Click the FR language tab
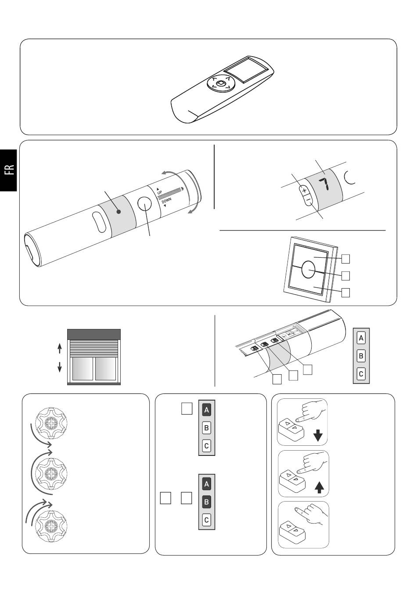tap(8, 170)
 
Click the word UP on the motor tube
tap(160, 192)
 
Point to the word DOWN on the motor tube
tap(166, 201)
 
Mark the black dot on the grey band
tap(119, 212)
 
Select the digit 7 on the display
tap(324, 184)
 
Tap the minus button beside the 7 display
tap(308, 199)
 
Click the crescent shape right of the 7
tap(349, 178)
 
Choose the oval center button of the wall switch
tap(308, 270)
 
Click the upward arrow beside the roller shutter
tap(60, 349)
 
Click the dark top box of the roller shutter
tap(94, 334)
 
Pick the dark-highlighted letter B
tap(207, 502)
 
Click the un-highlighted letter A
tap(361, 338)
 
